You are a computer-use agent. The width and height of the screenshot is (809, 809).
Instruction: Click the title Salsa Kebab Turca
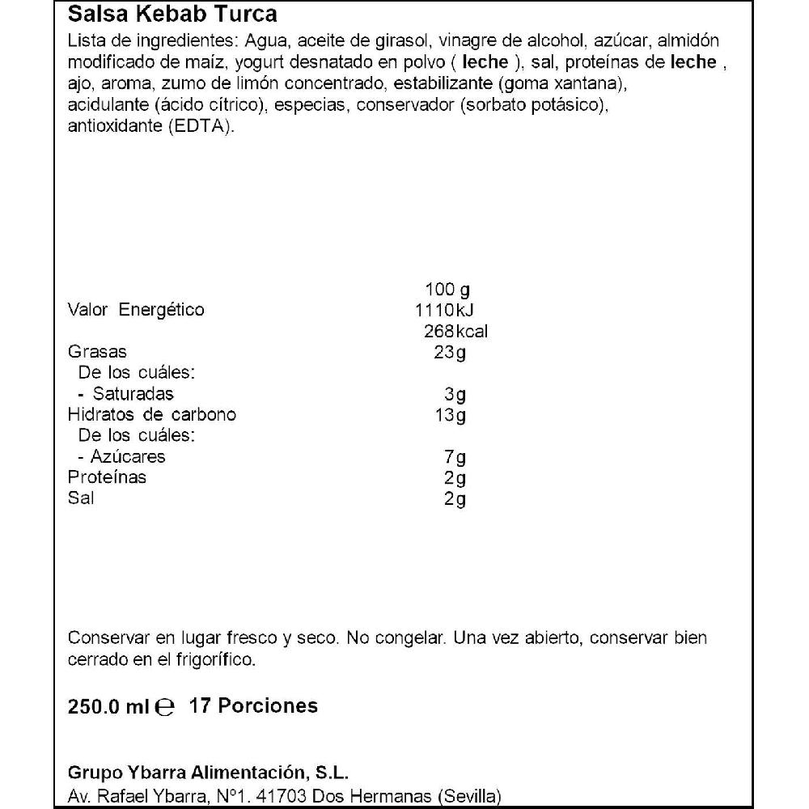pyautogui.click(x=172, y=15)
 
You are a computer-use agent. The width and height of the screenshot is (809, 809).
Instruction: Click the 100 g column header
pyautogui.click(x=447, y=290)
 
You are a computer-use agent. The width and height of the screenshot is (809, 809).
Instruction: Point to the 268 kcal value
pyautogui.click(x=455, y=332)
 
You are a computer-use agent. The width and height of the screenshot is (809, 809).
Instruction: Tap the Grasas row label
pyautogui.click(x=97, y=353)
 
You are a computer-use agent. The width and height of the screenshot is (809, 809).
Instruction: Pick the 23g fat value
pyautogui.click(x=451, y=353)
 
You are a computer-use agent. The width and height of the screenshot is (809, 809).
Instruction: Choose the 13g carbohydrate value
pyautogui.click(x=451, y=416)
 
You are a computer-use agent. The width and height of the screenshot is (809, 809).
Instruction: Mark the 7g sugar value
pyautogui.click(x=458, y=457)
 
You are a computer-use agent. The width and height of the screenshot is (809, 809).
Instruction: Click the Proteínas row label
pyautogui.click(x=108, y=477)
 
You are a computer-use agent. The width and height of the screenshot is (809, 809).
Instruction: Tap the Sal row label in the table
pyautogui.click(x=81, y=498)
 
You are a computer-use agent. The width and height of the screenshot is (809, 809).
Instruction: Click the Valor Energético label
pyautogui.click(x=136, y=310)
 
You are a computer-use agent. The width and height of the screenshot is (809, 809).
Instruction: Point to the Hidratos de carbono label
pyautogui.click(x=152, y=416)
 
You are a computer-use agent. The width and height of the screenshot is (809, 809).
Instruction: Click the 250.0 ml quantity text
pyautogui.click(x=108, y=706)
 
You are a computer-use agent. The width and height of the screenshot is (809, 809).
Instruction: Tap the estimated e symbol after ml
pyautogui.click(x=164, y=707)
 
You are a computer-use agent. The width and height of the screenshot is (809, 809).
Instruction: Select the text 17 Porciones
pyautogui.click(x=253, y=706)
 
